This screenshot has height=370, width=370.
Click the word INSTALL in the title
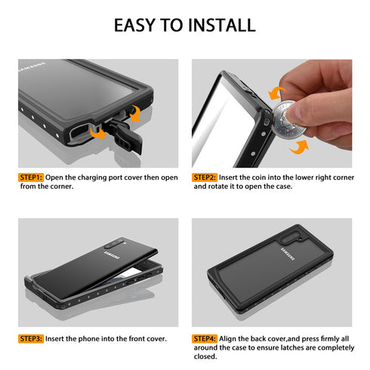click(214, 25)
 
